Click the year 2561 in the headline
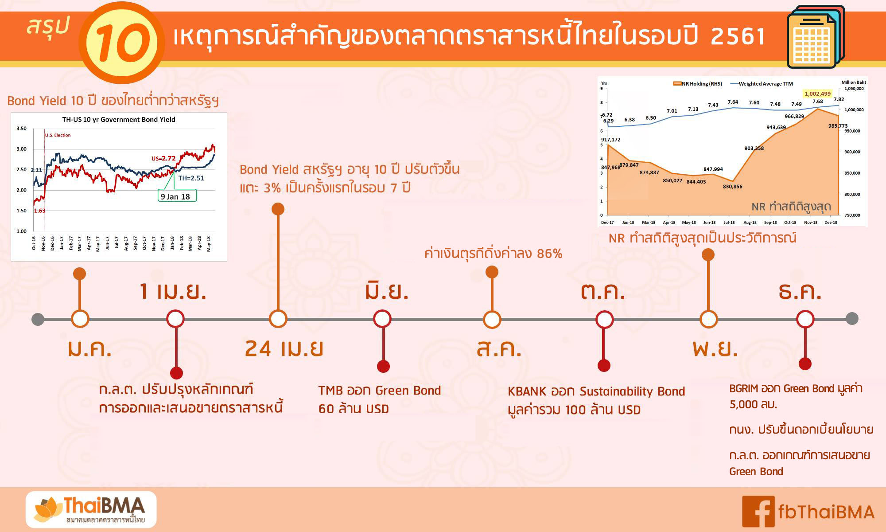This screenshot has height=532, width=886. pyautogui.click(x=738, y=36)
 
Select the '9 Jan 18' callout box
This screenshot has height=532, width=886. pyautogui.click(x=177, y=196)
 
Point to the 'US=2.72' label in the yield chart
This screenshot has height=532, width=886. pyautogui.click(x=163, y=158)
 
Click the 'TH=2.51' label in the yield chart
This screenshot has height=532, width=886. pyautogui.click(x=191, y=178)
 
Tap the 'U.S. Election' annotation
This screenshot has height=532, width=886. pyautogui.click(x=58, y=135)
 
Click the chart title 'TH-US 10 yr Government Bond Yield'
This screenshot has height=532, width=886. pyautogui.click(x=119, y=119)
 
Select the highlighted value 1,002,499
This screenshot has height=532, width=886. pyautogui.click(x=818, y=94)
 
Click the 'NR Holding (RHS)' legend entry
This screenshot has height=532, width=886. pyautogui.click(x=698, y=83)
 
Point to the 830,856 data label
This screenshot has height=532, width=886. pyautogui.click(x=733, y=187)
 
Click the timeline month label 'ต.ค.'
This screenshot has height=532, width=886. pyautogui.click(x=603, y=292)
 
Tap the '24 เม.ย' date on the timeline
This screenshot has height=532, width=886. pyautogui.click(x=284, y=348)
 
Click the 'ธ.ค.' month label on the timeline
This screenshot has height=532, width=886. pyautogui.click(x=800, y=292)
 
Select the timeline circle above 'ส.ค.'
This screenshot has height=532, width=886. pyautogui.click(x=492, y=319)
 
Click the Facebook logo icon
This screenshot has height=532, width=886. pyautogui.click(x=758, y=512)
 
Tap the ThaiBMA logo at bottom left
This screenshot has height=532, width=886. pyautogui.click(x=91, y=509)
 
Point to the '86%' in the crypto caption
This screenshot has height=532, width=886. pyautogui.click(x=549, y=254)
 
